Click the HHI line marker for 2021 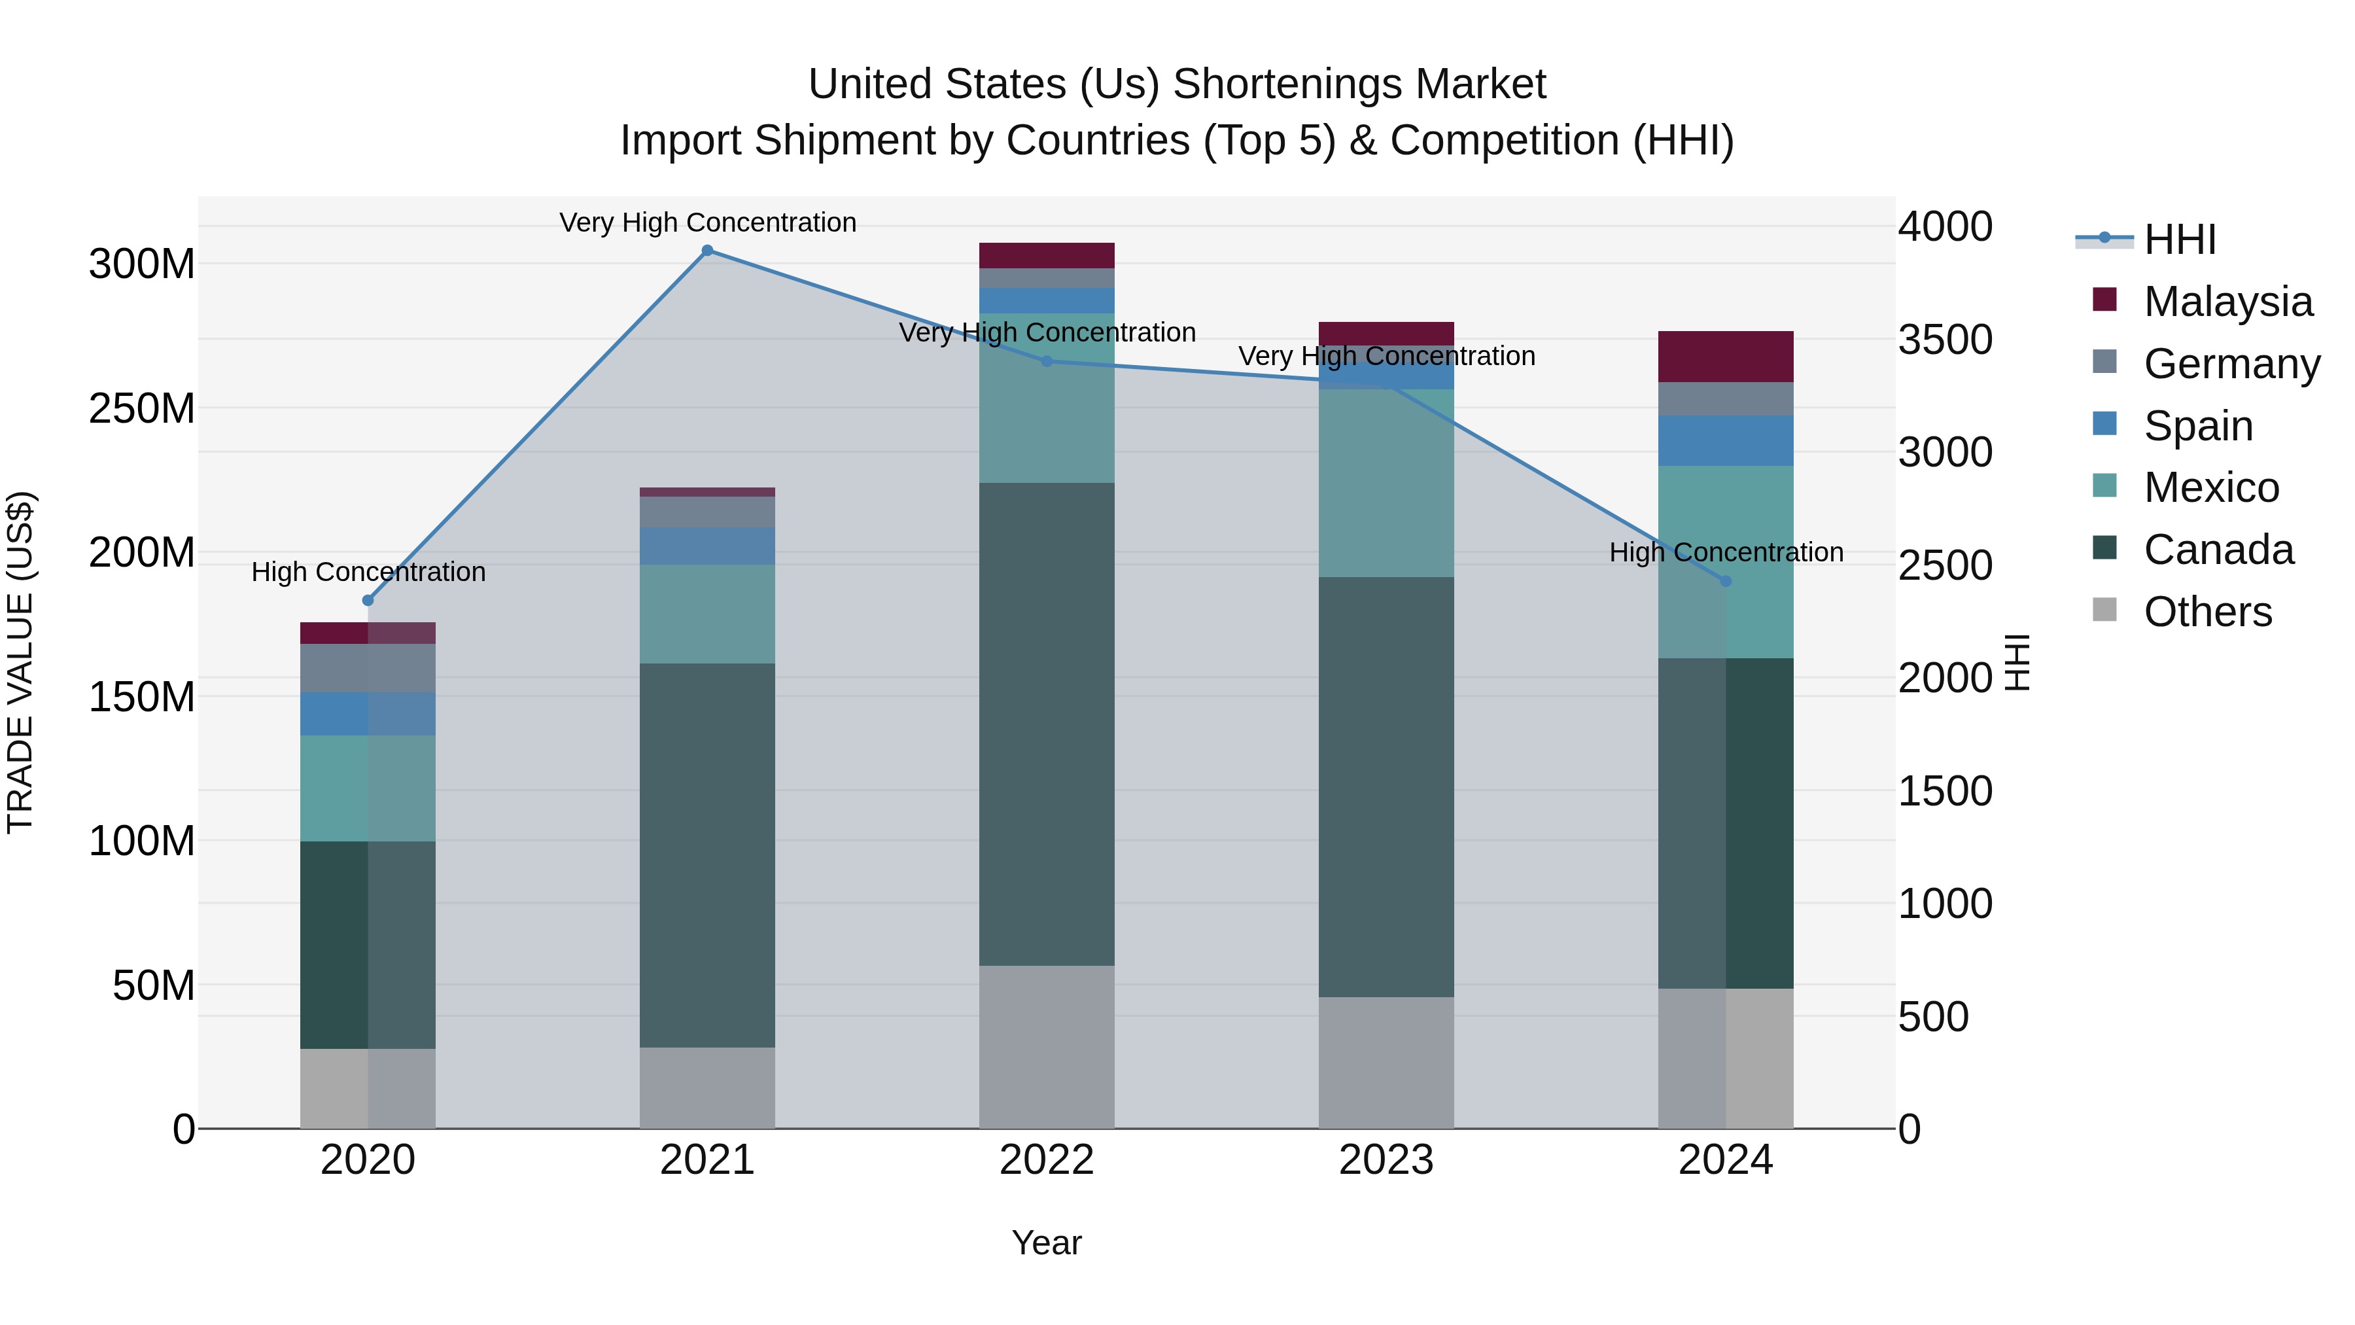click(x=706, y=251)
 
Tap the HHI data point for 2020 click(x=368, y=601)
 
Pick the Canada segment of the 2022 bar click(x=1047, y=724)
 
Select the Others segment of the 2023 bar click(x=1386, y=1063)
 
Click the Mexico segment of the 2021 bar click(x=706, y=614)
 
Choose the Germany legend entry click(x=2231, y=364)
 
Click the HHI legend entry click(x=2180, y=239)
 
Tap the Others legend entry click(x=2207, y=612)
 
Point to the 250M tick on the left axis click(x=142, y=408)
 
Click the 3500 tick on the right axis click(x=1945, y=339)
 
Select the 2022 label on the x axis click(x=1047, y=1160)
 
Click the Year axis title click(x=1047, y=1243)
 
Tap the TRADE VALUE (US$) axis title click(x=20, y=662)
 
